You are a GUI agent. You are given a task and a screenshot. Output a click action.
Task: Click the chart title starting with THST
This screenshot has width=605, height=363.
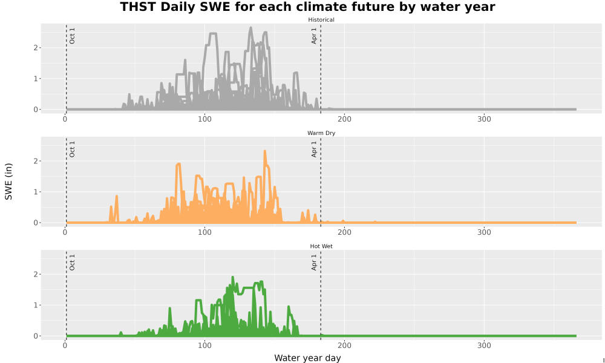307,7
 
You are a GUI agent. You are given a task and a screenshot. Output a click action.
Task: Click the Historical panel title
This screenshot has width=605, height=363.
321,20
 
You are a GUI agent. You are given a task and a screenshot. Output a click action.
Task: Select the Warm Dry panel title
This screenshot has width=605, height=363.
321,133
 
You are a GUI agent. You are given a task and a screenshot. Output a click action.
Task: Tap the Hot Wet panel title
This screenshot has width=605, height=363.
321,246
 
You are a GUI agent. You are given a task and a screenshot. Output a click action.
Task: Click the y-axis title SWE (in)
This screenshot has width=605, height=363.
8,181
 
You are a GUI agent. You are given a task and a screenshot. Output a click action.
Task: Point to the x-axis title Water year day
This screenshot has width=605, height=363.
307,358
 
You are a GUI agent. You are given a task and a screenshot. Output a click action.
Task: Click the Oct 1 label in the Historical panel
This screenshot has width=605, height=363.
72,36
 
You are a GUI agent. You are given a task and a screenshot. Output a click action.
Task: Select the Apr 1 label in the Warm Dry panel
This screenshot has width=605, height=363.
314,149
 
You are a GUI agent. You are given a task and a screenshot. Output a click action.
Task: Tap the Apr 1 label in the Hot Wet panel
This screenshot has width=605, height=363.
314,263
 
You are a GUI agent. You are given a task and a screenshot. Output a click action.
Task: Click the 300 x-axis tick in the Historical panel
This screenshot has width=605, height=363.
484,119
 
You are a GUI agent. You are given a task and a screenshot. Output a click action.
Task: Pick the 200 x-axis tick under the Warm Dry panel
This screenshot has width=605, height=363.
345,232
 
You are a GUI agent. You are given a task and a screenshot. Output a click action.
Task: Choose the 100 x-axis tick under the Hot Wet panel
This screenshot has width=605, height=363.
204,345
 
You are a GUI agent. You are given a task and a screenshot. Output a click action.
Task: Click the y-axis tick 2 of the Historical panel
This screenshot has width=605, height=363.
36,48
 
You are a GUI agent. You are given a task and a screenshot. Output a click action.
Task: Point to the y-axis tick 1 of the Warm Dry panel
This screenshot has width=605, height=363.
36,192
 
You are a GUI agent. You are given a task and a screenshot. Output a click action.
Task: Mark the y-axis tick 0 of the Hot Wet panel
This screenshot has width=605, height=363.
36,336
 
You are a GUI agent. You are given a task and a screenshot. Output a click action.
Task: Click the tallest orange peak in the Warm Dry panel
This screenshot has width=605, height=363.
265,151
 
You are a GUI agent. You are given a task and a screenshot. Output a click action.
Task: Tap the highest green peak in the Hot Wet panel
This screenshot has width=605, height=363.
233,277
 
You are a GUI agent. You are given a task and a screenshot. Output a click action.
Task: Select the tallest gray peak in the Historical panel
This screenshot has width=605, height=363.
250,28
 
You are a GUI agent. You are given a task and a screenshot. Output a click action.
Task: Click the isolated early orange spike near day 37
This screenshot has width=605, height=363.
116,197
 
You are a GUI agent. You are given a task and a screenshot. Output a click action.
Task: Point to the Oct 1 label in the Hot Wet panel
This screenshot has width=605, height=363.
72,263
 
